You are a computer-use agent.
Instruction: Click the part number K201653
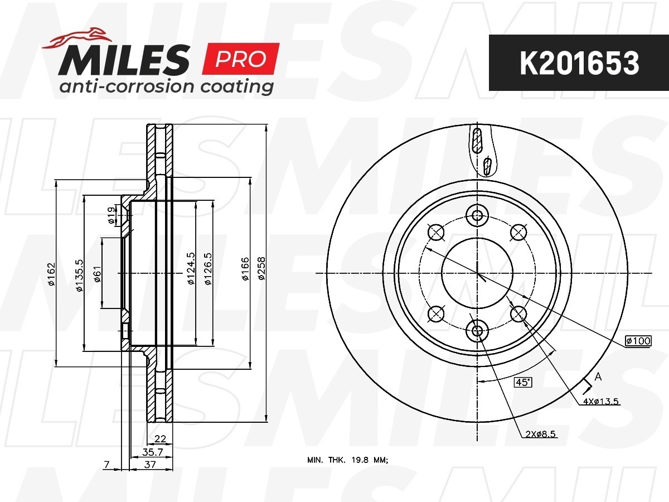pyautogui.click(x=579, y=63)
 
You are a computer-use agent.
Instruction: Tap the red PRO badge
pyautogui.click(x=241, y=59)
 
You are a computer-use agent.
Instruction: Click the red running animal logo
pyautogui.click(x=77, y=38)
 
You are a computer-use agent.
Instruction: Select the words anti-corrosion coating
pyautogui.click(x=166, y=86)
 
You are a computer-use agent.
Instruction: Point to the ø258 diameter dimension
pyautogui.click(x=261, y=268)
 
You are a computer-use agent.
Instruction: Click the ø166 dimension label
pyautogui.click(x=245, y=268)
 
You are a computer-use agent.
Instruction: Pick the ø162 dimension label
pyautogui.click(x=51, y=274)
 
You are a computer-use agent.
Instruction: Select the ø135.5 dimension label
pyautogui.click(x=79, y=275)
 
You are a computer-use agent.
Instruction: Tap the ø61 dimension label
pyautogui.click(x=97, y=274)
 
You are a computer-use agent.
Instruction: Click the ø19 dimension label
pyautogui.click(x=111, y=215)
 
